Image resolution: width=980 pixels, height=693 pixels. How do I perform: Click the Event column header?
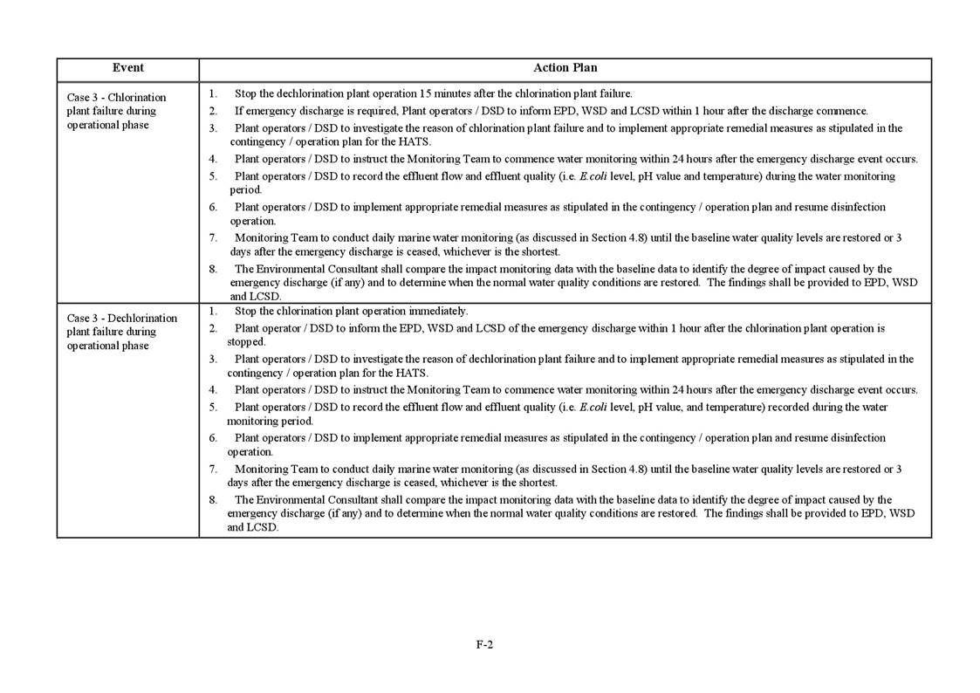[x=127, y=68]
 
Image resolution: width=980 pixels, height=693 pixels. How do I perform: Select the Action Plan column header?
[x=565, y=68]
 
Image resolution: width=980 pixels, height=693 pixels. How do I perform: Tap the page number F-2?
[x=484, y=645]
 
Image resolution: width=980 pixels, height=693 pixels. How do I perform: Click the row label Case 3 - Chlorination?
[x=116, y=97]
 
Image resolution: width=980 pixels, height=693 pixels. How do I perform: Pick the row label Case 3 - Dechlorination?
[x=121, y=318]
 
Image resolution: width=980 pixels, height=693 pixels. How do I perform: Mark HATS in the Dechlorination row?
[x=412, y=373]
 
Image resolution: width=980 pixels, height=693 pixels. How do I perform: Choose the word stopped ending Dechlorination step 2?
[x=246, y=342]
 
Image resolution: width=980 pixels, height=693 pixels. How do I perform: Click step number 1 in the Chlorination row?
[x=212, y=93]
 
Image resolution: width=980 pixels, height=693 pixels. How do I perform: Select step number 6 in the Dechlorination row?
[x=212, y=438]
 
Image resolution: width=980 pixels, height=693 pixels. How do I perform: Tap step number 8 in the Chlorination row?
[x=212, y=269]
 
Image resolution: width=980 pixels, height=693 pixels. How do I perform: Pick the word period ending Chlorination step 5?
[x=245, y=189]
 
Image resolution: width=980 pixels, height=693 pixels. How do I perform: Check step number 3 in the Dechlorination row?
[x=212, y=359]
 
